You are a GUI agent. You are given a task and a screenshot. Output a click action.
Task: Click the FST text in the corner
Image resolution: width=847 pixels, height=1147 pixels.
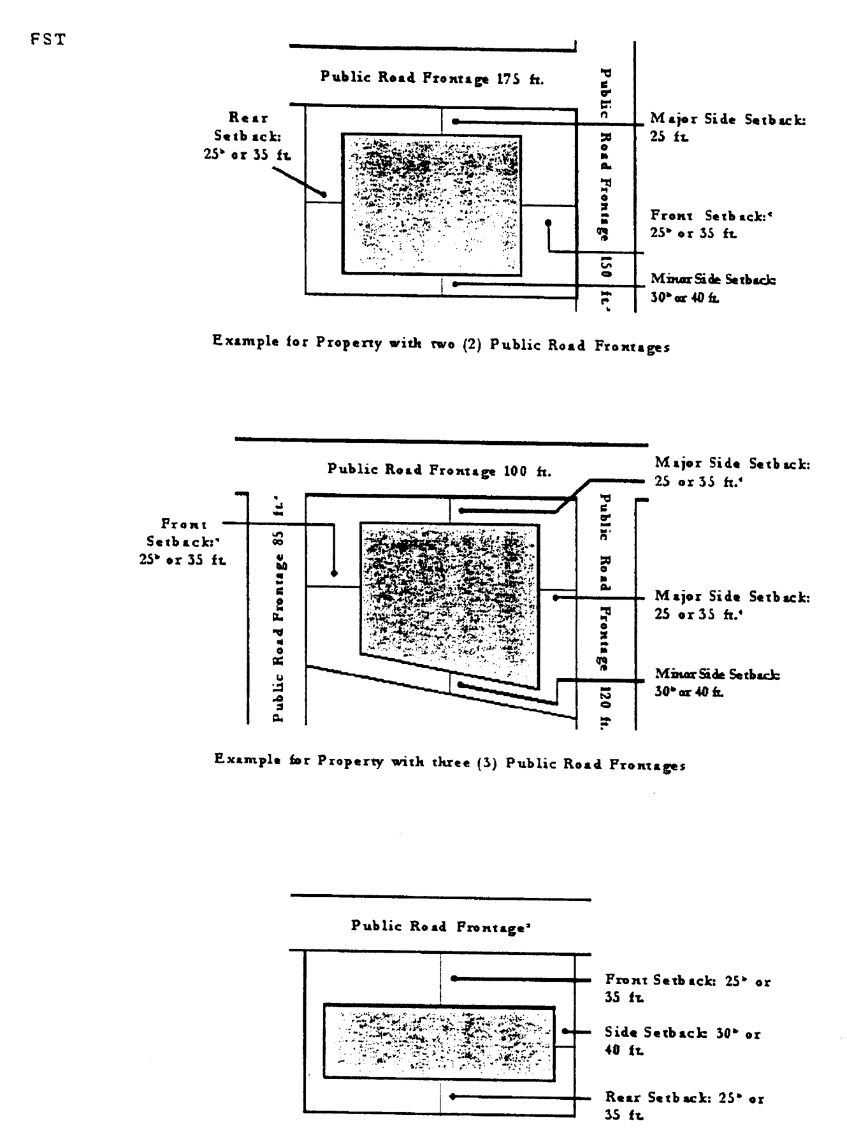pos(48,40)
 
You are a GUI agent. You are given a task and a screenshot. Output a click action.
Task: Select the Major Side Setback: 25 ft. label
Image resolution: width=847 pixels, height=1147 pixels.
pos(727,127)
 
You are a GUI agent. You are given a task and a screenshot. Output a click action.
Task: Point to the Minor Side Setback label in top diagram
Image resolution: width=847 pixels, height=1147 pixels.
pos(713,288)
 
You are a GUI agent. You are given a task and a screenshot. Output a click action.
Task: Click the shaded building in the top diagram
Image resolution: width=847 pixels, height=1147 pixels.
pos(431,205)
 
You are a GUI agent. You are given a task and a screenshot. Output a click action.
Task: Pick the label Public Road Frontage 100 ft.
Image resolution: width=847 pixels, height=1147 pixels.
pos(439,470)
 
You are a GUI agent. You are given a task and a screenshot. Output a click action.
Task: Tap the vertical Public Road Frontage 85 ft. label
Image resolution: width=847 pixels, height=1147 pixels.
pos(278,609)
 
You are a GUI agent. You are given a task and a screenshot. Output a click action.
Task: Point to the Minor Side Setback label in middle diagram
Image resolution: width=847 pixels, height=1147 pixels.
pos(716,682)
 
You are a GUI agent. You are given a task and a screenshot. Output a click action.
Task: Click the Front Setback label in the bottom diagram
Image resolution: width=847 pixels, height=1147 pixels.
pos(687,988)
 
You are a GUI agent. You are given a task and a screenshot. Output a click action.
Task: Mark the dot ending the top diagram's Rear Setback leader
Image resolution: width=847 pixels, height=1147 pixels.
pos(324,194)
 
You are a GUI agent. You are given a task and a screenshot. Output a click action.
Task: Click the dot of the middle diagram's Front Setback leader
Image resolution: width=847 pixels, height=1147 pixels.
pos(335,573)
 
